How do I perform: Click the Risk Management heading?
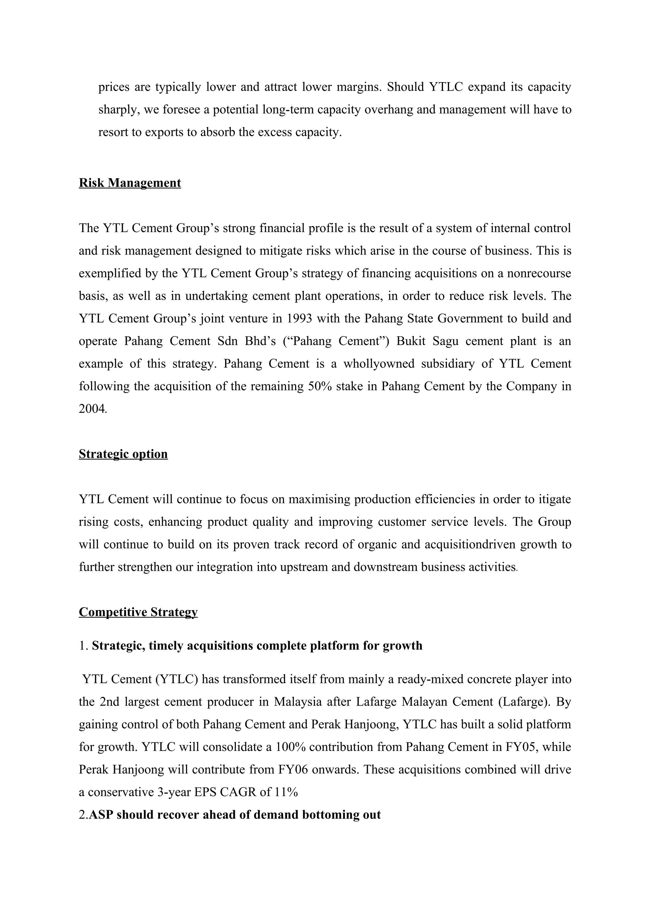pos(130,183)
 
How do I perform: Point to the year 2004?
pos(92,409)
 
